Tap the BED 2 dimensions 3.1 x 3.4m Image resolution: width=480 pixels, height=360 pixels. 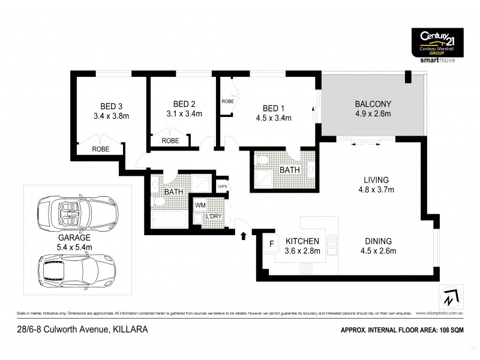184,113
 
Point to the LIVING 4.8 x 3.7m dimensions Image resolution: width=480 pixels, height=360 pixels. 376,190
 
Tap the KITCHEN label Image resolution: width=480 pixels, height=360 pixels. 301,241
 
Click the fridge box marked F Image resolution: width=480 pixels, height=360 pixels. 271,244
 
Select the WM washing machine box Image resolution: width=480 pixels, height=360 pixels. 200,205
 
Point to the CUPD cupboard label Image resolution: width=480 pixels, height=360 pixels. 221,186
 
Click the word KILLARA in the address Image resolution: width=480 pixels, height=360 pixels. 128,329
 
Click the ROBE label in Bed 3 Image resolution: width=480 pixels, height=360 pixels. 100,149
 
